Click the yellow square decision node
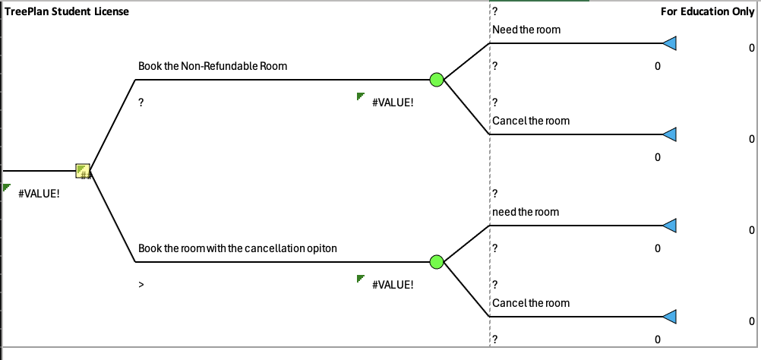coord(83,171)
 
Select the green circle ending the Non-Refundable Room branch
coord(436,80)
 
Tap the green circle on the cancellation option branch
coord(436,262)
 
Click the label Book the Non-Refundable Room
coord(213,66)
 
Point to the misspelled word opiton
coord(322,248)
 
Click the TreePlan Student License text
coord(67,11)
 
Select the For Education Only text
coord(707,11)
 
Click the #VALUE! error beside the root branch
coord(39,193)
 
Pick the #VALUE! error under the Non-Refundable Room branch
coord(393,102)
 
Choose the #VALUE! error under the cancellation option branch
coord(393,284)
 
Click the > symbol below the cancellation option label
coord(141,284)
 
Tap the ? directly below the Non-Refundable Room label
coord(141,102)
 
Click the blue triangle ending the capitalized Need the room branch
coord(669,43)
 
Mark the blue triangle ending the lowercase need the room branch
coord(669,226)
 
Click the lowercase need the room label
coord(526,212)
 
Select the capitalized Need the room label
coord(526,30)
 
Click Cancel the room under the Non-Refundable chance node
coord(531,121)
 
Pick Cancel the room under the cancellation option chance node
coord(531,303)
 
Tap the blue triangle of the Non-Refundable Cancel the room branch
coord(669,134)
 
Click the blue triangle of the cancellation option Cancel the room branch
coord(669,317)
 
